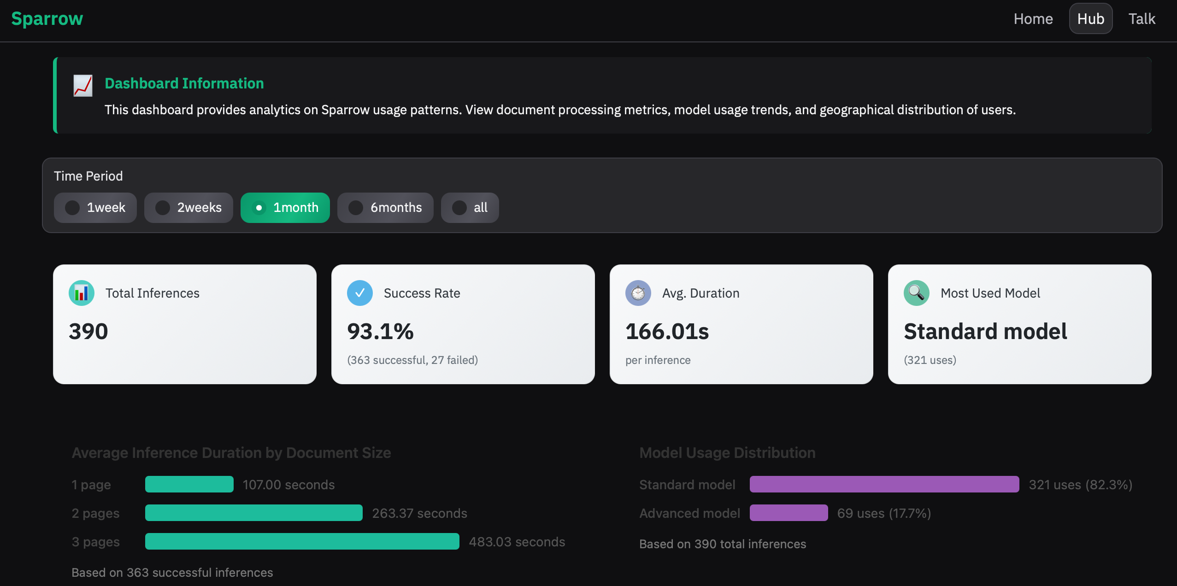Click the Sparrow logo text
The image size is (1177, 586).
[x=47, y=19]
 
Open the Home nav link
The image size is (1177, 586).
[x=1033, y=19]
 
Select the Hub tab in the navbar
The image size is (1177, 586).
[x=1090, y=19]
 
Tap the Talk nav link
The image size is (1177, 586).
[x=1142, y=19]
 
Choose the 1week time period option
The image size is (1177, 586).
[x=95, y=208]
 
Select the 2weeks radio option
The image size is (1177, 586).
[x=188, y=208]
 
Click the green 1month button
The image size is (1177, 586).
[x=285, y=208]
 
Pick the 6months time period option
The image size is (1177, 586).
[x=385, y=208]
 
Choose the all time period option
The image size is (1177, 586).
[x=470, y=208]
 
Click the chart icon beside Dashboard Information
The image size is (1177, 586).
[x=83, y=86]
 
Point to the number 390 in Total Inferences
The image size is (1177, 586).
[x=88, y=332]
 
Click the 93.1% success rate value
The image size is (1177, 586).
[x=380, y=332]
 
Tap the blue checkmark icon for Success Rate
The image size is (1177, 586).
[x=360, y=293]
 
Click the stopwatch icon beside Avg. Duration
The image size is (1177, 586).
[x=638, y=293]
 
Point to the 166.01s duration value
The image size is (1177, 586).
[x=667, y=332]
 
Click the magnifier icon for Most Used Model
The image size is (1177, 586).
[x=917, y=293]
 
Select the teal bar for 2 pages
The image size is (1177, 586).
[x=254, y=513]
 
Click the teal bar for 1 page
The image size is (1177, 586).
[x=189, y=484]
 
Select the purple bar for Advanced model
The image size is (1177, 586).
[x=789, y=513]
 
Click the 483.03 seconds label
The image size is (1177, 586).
[x=517, y=542]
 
